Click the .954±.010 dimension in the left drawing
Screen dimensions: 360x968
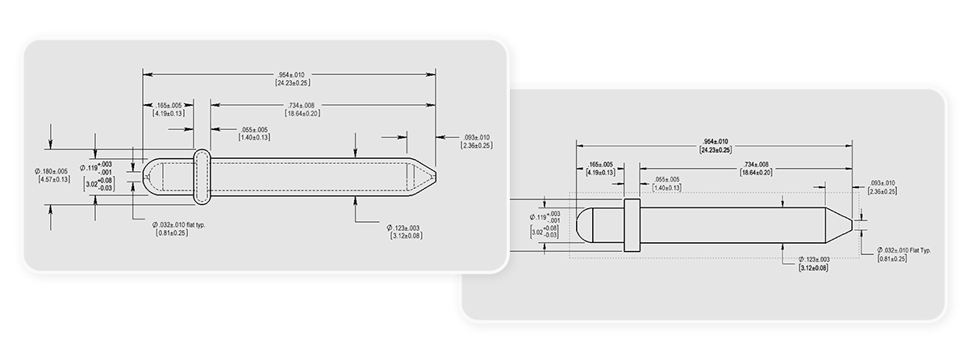[292, 74]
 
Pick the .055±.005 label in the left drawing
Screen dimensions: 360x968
[254, 130]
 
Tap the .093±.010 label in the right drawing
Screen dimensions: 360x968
[881, 183]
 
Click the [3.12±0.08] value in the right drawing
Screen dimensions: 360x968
[813, 267]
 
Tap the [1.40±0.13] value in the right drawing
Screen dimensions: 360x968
[666, 187]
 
